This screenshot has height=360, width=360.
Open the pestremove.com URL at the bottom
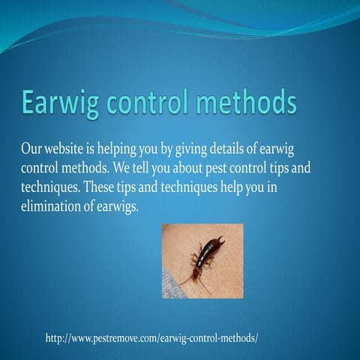(x=152, y=338)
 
